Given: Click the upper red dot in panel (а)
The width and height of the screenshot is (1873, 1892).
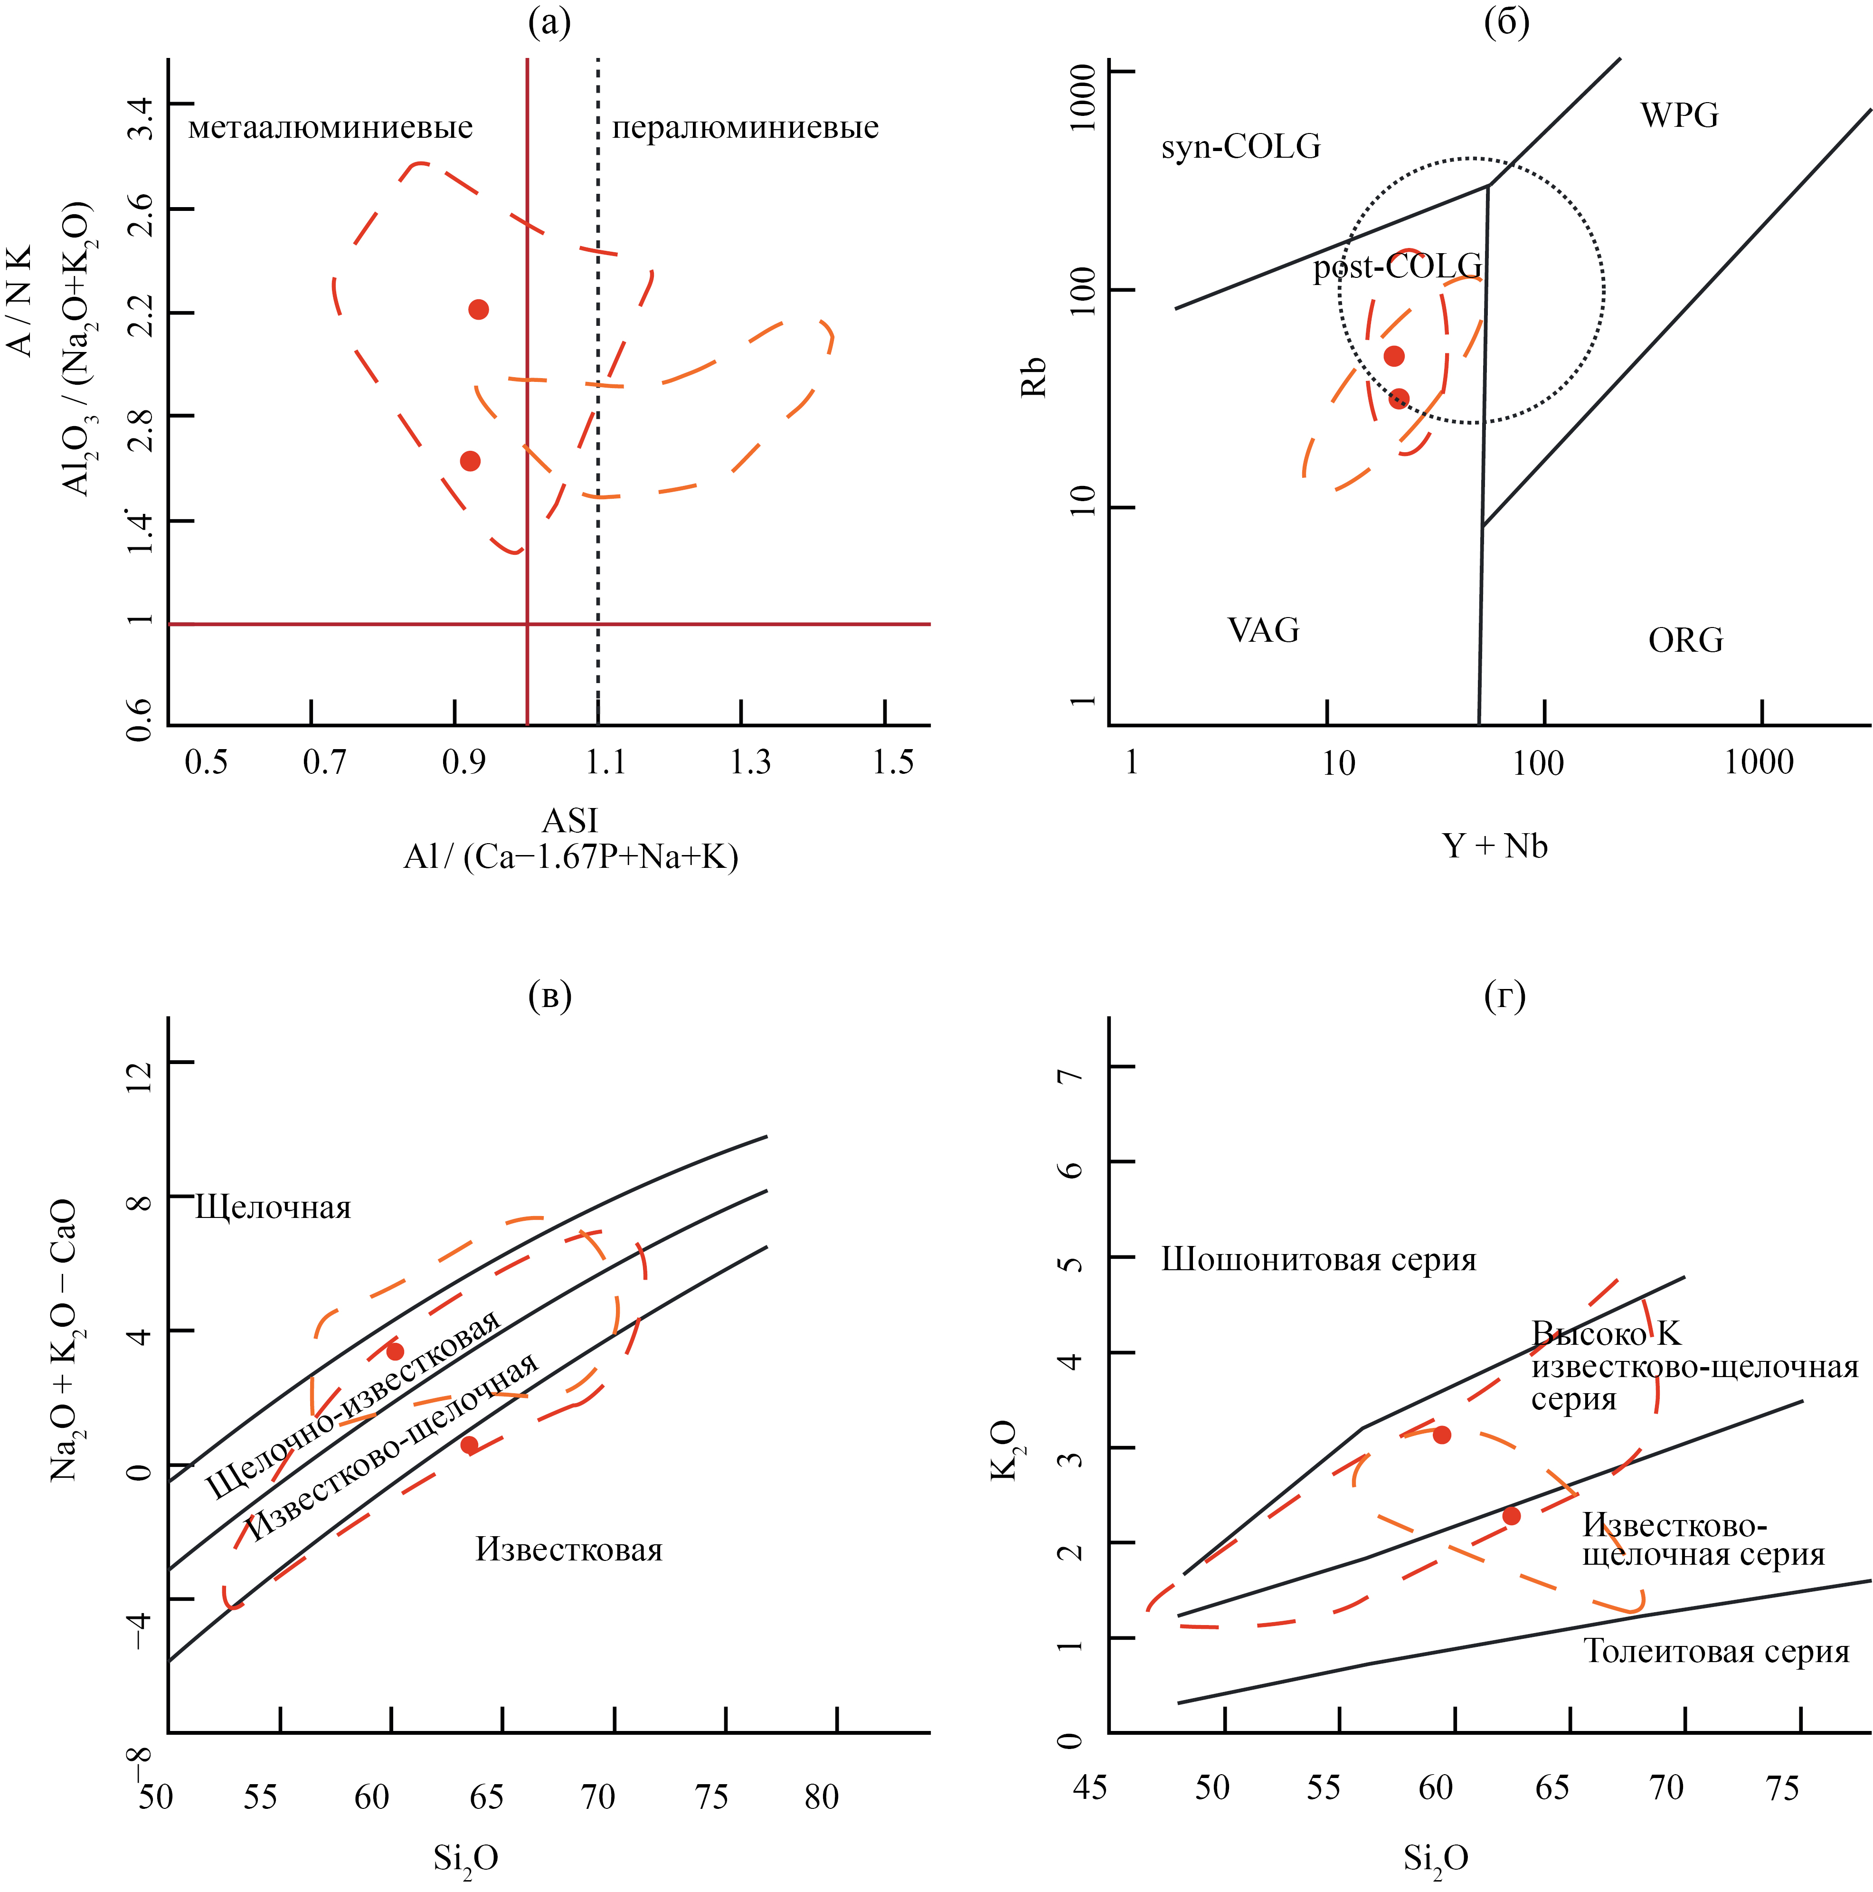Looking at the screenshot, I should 478,309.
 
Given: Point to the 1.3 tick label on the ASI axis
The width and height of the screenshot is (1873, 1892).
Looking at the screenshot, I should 750,762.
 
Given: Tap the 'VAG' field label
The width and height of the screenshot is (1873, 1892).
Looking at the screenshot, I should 1263,630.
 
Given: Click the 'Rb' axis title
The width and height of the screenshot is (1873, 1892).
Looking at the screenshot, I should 1034,377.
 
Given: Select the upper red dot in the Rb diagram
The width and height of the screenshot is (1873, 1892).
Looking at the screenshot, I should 1393,355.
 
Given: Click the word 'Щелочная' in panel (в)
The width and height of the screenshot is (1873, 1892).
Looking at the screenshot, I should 273,1207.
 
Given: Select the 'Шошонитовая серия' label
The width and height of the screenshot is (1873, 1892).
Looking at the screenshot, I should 1318,1260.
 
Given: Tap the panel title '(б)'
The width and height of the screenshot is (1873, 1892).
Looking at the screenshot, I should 1506,21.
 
